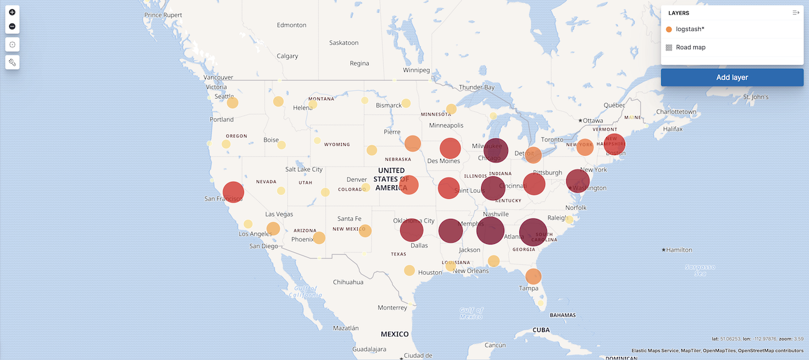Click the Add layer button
732,77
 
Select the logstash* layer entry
690,29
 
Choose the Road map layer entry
690,47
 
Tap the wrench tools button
12,62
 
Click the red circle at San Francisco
233,192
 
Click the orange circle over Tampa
533,276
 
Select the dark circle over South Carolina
533,232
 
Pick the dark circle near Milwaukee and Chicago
496,150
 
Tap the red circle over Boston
614,145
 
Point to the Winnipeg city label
416,70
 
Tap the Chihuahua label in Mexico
348,282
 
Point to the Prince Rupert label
163,15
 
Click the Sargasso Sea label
700,271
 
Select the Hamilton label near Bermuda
679,250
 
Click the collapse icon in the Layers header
796,13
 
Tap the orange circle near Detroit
533,155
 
